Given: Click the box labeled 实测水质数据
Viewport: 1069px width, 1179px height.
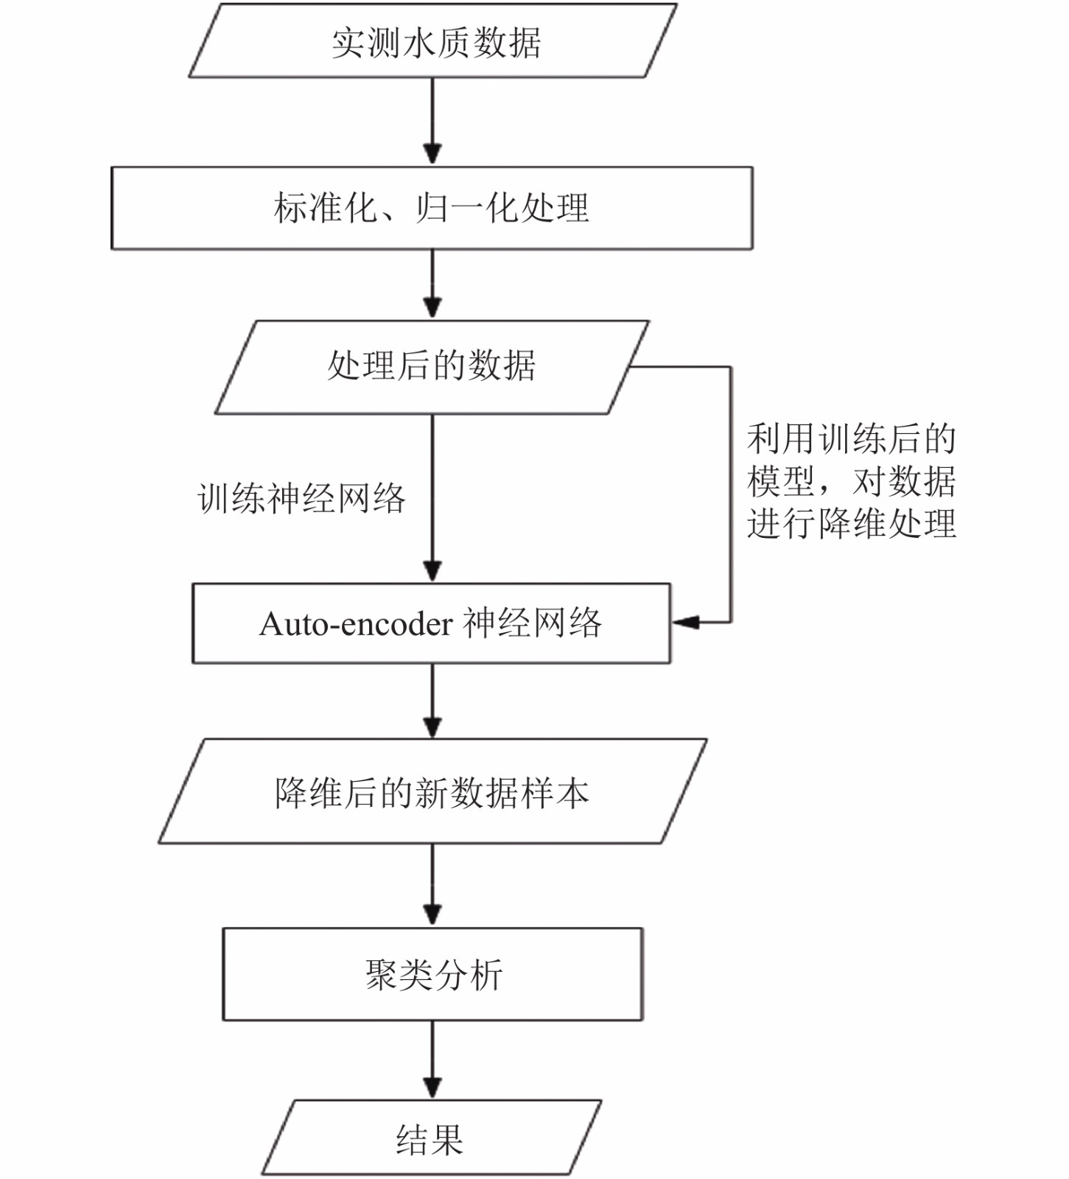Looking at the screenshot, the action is tap(432, 41).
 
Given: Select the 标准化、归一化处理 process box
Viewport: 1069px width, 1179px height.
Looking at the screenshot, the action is tap(432, 208).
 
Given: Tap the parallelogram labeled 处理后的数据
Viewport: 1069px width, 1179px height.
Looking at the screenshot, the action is tap(432, 367).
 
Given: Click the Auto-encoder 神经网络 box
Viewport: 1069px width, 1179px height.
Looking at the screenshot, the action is tap(432, 623).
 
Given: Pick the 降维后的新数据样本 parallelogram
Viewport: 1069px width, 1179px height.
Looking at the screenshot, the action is tap(432, 791).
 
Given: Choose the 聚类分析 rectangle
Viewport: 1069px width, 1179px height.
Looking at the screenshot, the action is tap(433, 974).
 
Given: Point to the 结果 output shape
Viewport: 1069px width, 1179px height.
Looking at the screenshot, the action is tap(432, 1138).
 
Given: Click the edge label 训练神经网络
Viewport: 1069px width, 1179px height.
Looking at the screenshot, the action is tap(301, 498).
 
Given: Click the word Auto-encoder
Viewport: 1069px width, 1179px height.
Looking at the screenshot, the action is tap(356, 624).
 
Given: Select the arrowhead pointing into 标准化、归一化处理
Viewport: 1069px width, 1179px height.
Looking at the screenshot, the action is tap(432, 154).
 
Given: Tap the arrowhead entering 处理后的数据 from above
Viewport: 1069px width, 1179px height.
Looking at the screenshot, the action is tap(432, 307).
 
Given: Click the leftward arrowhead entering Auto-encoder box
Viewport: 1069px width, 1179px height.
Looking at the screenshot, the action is tap(684, 623).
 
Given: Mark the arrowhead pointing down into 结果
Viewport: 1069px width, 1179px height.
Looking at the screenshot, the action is tap(432, 1088).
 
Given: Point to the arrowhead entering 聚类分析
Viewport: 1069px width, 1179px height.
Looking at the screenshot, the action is tap(432, 915).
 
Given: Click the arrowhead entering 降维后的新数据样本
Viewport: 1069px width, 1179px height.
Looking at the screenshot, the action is tap(432, 727).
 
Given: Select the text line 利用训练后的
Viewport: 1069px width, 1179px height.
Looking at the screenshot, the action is tap(852, 438).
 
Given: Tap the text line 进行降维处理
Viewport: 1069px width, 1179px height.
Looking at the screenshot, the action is tap(852, 524).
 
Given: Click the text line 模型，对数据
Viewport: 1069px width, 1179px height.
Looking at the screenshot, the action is tap(852, 481).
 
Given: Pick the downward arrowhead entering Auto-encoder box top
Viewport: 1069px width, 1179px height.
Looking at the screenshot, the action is tap(432, 571).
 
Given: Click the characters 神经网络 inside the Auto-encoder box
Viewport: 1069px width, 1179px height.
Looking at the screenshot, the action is tap(532, 623).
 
